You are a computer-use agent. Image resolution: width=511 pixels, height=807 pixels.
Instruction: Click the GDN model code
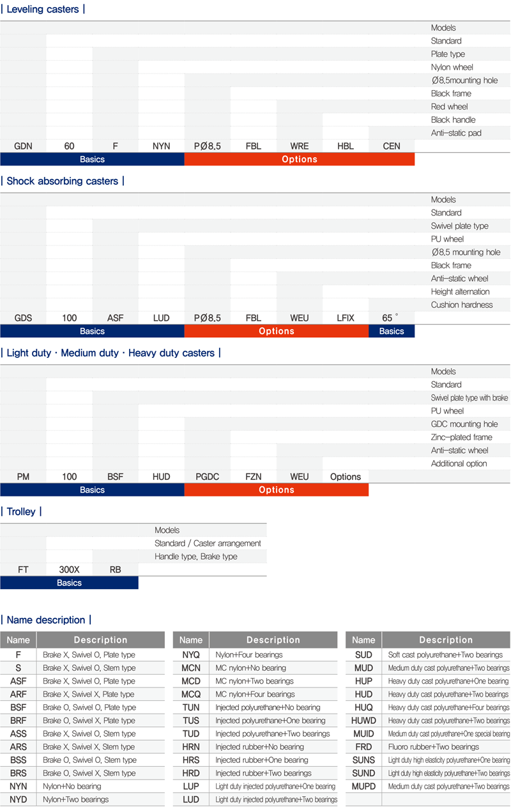coord(24,146)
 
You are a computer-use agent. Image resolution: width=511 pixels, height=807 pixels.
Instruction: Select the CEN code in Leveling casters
coord(392,146)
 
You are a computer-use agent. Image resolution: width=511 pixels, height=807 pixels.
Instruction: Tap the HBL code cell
coord(346,146)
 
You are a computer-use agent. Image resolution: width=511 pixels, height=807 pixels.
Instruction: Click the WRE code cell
coord(300,146)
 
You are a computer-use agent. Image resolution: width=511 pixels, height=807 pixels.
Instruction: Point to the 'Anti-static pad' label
coord(456,133)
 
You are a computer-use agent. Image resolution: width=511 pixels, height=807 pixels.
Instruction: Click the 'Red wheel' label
coord(449,107)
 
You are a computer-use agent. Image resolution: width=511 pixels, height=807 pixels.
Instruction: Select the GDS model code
coord(24,318)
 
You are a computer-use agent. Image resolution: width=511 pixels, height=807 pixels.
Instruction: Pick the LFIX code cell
coord(346,318)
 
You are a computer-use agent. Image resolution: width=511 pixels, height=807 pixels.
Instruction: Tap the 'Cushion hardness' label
coord(461,305)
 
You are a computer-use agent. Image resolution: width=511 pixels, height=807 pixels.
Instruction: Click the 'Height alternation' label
coord(460,291)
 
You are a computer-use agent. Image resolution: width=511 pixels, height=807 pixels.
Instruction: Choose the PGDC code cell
coord(208,477)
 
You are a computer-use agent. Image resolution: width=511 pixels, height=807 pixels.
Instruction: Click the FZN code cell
coord(254,477)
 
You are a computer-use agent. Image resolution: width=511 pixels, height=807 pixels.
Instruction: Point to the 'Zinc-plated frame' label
coord(461,437)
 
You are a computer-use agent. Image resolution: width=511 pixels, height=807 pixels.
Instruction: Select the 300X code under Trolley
coord(70,569)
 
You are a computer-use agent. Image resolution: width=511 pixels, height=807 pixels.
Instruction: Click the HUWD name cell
coord(363,721)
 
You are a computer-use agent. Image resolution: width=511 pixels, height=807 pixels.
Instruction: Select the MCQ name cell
coord(191,695)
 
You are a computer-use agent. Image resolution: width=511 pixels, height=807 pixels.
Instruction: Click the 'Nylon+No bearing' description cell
coord(72,787)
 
